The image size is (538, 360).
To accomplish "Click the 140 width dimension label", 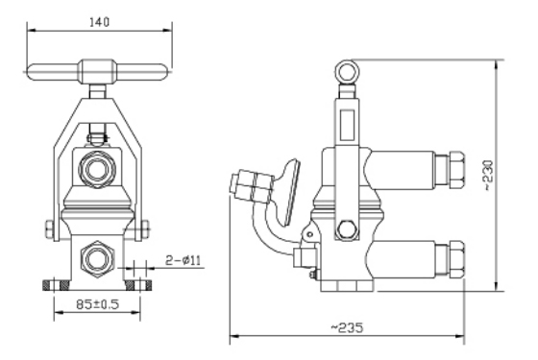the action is coord(99,22).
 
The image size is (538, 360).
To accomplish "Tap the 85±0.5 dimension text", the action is coord(97,304).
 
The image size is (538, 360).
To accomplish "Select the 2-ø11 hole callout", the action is coord(183,260).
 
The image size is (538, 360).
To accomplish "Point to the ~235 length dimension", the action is coord(347,327).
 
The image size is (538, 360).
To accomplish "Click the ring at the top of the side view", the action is coord(347,72).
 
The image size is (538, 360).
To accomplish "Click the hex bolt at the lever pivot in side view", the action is coord(347,229).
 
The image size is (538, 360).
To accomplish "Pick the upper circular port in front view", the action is coord(97,169).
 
